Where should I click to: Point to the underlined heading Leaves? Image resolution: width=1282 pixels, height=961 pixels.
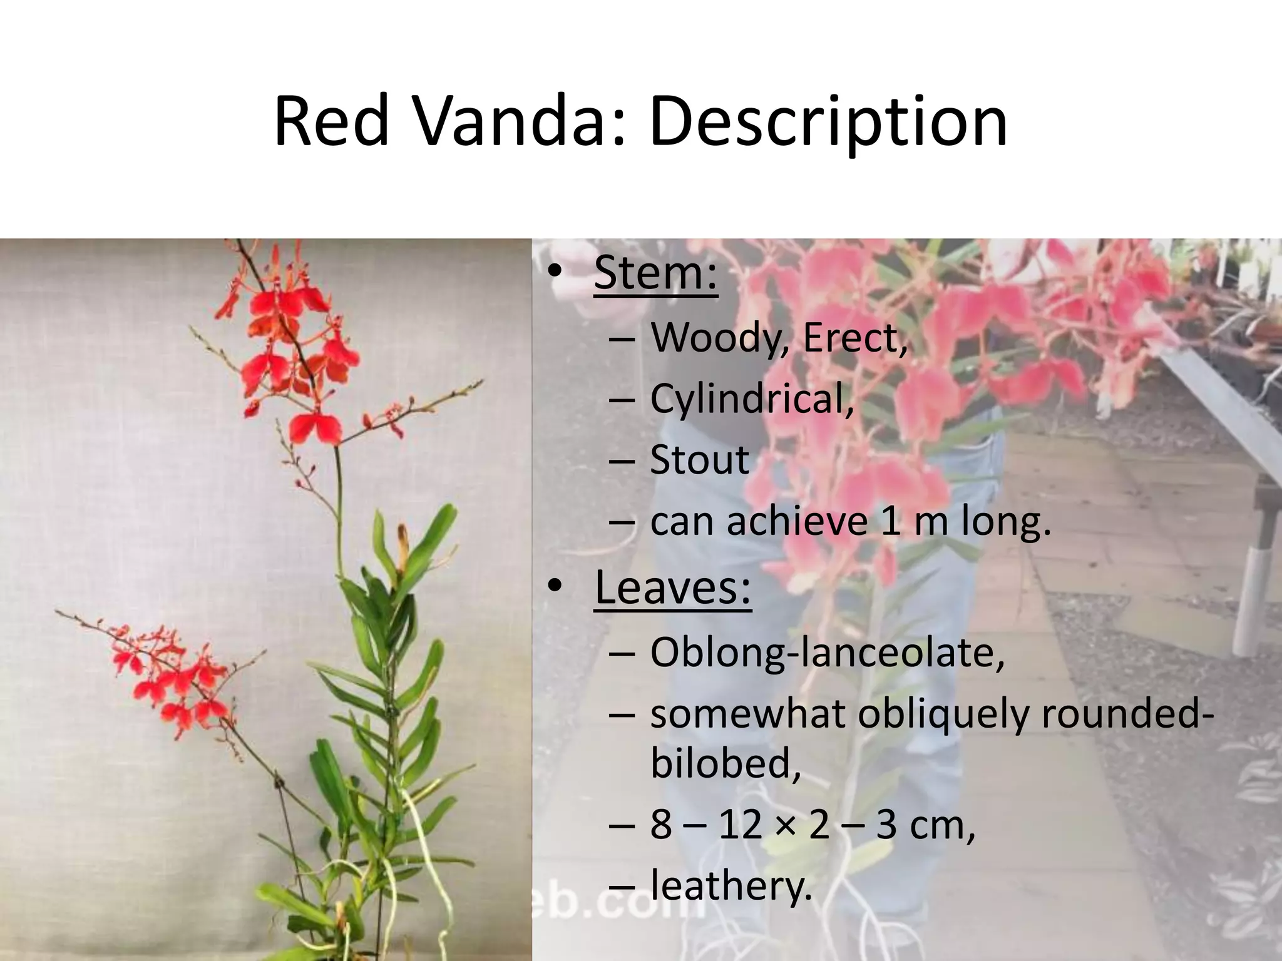pos(672,587)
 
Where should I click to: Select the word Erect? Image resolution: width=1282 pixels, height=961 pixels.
pos(854,338)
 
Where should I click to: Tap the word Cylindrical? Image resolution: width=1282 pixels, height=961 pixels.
pos(751,399)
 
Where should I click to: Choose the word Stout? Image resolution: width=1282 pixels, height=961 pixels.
pos(699,460)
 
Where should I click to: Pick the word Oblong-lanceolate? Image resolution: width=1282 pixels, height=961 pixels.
pos(826,653)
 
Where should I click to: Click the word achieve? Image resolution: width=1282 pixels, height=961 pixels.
pos(796,521)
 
